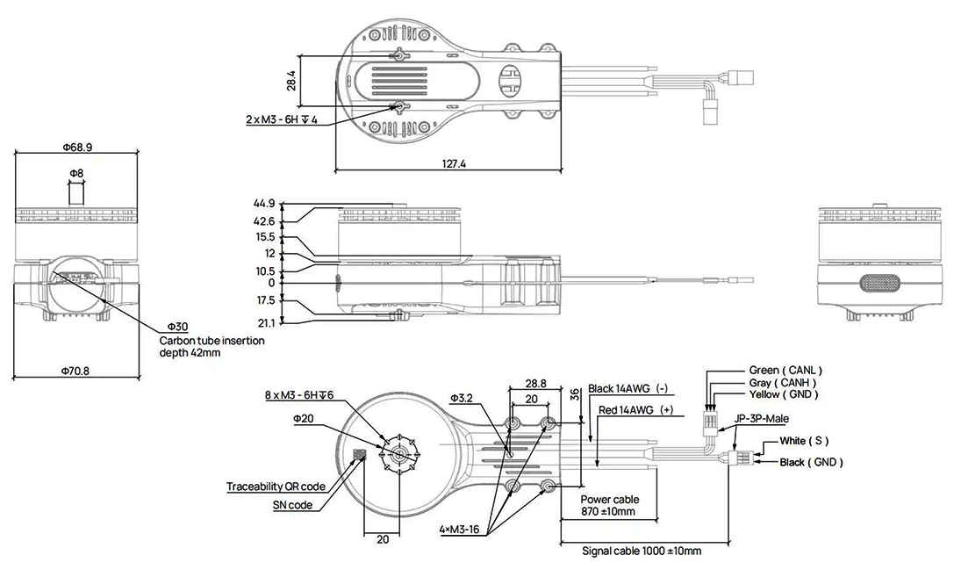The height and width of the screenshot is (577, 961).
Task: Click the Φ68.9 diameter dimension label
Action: pos(77,148)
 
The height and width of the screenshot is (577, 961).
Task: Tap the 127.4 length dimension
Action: pos(454,163)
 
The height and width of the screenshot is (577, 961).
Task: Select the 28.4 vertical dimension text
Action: pos(291,81)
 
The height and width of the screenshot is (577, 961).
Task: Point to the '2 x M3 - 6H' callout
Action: pos(282,119)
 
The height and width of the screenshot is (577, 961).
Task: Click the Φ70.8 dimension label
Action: pos(75,371)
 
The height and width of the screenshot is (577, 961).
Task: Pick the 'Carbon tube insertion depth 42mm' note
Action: pos(212,346)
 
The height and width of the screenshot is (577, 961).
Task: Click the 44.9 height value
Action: pos(263,203)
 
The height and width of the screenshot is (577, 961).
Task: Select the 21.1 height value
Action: pos(267,322)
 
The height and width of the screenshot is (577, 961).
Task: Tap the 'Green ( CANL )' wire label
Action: pos(785,370)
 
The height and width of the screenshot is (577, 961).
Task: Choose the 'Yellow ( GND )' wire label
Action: pos(783,394)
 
